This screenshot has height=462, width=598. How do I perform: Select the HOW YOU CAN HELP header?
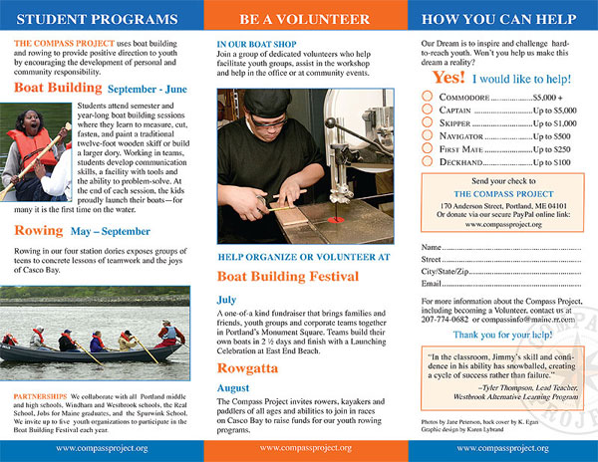pyautogui.click(x=496, y=19)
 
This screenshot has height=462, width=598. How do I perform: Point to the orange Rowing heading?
pyautogui.click(x=38, y=231)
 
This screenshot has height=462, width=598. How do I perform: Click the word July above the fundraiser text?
pyautogui.click(x=226, y=298)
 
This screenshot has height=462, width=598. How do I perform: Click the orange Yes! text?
pyautogui.click(x=448, y=76)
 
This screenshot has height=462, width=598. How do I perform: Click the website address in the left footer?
pyautogui.click(x=102, y=448)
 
